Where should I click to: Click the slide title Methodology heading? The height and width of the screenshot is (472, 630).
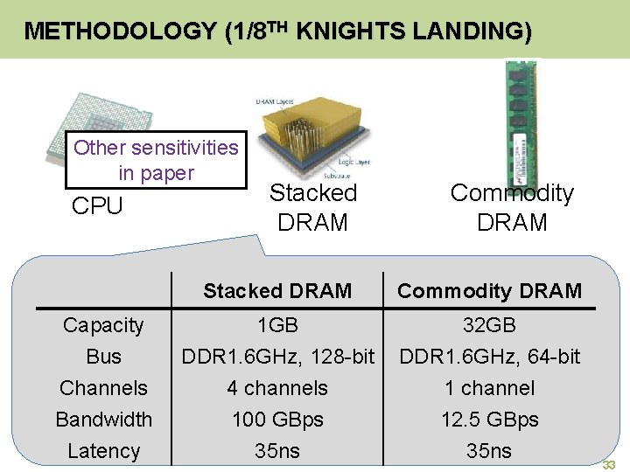[x=277, y=31]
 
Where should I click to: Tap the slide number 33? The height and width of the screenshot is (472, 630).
[x=610, y=465]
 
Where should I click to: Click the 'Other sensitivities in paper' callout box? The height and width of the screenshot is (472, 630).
[x=156, y=160]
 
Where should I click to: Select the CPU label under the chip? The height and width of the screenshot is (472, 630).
[x=97, y=206]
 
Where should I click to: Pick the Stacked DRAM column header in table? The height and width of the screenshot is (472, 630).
[x=277, y=291]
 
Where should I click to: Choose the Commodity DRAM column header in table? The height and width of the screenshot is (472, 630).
[x=489, y=291]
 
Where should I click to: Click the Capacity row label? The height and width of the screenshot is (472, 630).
[x=103, y=325]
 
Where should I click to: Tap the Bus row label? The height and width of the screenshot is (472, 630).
[x=103, y=357]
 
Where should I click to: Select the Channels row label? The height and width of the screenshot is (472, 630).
[x=103, y=388]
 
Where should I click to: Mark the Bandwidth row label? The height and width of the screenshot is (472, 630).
[x=103, y=420]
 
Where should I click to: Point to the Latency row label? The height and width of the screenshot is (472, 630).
[x=103, y=451]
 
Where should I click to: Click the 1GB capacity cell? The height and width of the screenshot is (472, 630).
[x=277, y=325]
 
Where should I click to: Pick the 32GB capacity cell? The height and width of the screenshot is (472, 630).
[x=489, y=325]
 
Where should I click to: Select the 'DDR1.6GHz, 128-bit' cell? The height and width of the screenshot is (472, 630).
[x=277, y=357]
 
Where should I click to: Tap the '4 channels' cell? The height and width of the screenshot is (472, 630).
[x=277, y=388]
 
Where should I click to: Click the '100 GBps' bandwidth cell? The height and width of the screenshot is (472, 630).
[x=277, y=420]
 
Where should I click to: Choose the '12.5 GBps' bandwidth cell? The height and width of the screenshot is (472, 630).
[x=489, y=420]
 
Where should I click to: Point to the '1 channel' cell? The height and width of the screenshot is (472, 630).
[x=489, y=388]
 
